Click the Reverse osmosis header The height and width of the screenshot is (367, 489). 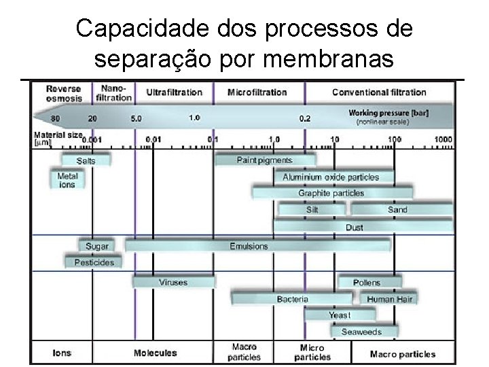[64, 93]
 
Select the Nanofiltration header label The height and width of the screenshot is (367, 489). [114, 93]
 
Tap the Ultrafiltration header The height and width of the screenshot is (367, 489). [175, 92]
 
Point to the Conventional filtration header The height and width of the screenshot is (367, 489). [379, 92]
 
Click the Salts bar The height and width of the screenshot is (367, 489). [86, 161]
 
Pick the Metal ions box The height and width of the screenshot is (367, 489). [68, 180]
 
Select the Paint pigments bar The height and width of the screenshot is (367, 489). [265, 160]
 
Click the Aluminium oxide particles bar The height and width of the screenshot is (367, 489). [331, 177]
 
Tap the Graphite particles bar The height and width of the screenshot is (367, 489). [331, 193]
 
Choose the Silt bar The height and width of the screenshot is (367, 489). [312, 210]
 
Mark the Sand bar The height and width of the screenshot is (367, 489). [397, 210]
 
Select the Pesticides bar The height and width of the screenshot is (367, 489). [94, 262]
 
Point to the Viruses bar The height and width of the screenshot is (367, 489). [173, 282]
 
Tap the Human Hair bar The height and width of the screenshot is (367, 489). [389, 299]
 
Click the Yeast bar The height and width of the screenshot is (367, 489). [340, 315]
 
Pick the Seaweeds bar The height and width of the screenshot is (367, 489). [361, 332]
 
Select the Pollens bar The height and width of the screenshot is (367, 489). [367, 282]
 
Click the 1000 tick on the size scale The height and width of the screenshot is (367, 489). [443, 139]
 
